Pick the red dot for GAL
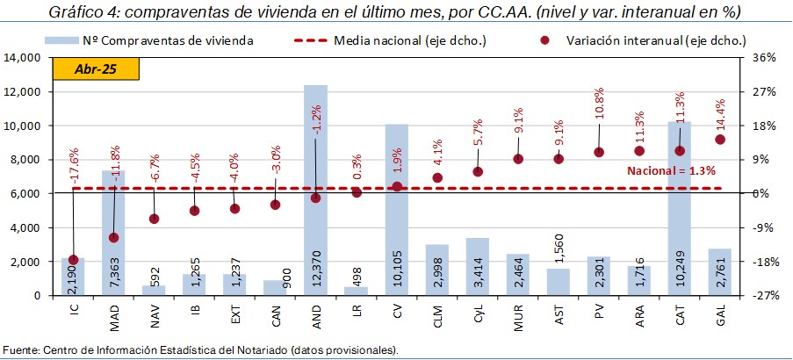coord(720,139)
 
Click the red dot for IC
coord(73,260)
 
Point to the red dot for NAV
coord(154,219)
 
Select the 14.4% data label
coord(720,115)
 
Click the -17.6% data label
coord(74,140)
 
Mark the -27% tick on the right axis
coord(762,296)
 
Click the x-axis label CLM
coord(436,314)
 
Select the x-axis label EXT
coord(234,313)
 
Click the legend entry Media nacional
coord(392,40)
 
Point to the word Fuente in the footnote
coord(20,350)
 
